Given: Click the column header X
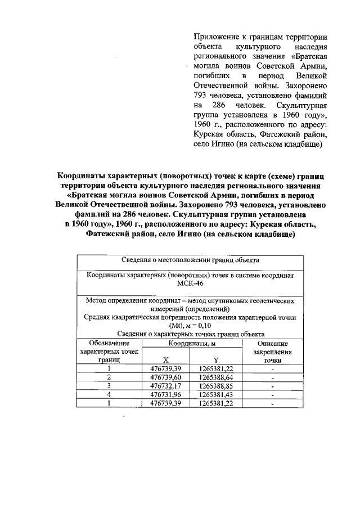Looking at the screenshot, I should point(165,360).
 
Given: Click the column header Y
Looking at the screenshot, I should point(215,360).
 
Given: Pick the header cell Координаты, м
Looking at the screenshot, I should point(191,343).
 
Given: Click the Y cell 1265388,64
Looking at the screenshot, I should point(216,377).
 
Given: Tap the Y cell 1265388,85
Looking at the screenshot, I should point(216,386).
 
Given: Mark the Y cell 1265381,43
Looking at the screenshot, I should point(216,395).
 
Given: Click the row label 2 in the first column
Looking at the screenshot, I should point(109,377).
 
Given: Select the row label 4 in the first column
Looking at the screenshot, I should point(109,395).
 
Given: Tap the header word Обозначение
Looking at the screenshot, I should point(109,343).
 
